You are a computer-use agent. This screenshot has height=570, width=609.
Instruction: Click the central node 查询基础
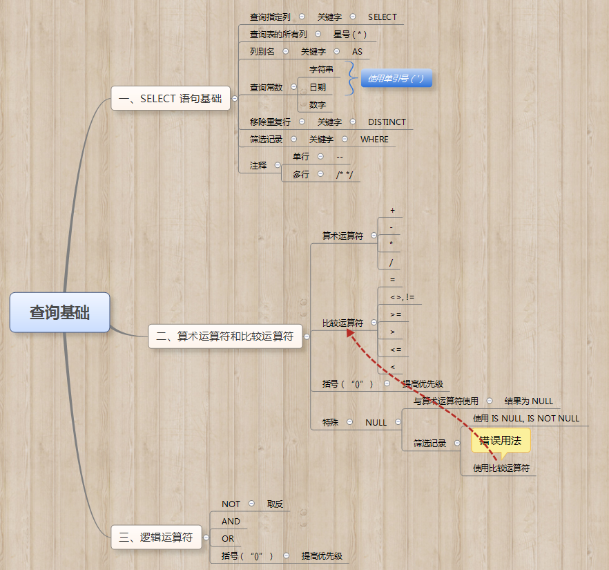click(x=59, y=312)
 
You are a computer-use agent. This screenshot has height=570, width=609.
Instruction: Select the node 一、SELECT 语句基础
click(x=170, y=99)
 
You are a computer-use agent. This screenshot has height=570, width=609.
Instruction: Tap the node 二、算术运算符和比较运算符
click(x=225, y=337)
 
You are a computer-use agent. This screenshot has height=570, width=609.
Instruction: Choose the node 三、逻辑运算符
click(x=156, y=537)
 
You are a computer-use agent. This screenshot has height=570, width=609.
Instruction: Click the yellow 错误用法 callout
click(x=501, y=440)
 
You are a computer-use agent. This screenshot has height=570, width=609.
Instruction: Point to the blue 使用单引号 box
click(x=396, y=79)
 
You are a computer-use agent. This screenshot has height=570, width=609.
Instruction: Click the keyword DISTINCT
click(x=387, y=122)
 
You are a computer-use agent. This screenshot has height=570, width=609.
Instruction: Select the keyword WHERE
click(x=374, y=140)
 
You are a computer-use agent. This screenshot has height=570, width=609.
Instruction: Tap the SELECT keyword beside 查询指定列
click(x=383, y=17)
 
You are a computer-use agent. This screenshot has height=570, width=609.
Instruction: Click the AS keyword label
click(x=357, y=52)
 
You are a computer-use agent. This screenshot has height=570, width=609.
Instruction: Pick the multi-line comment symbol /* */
click(x=345, y=175)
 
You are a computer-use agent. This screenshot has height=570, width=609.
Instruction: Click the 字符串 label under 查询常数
click(x=321, y=70)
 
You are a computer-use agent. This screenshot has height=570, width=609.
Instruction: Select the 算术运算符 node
click(x=342, y=236)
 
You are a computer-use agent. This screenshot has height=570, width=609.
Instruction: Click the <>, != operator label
click(x=401, y=298)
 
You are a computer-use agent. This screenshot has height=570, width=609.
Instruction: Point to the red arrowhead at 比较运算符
click(x=351, y=333)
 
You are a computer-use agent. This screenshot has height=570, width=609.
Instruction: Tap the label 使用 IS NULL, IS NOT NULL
click(x=526, y=419)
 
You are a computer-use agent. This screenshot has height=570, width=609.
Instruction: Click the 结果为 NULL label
click(x=528, y=401)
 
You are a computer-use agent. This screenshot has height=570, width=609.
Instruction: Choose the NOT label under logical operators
click(x=231, y=504)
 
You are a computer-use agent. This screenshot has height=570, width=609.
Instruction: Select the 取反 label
click(x=275, y=504)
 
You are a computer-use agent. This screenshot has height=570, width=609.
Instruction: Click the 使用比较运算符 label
click(x=501, y=468)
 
